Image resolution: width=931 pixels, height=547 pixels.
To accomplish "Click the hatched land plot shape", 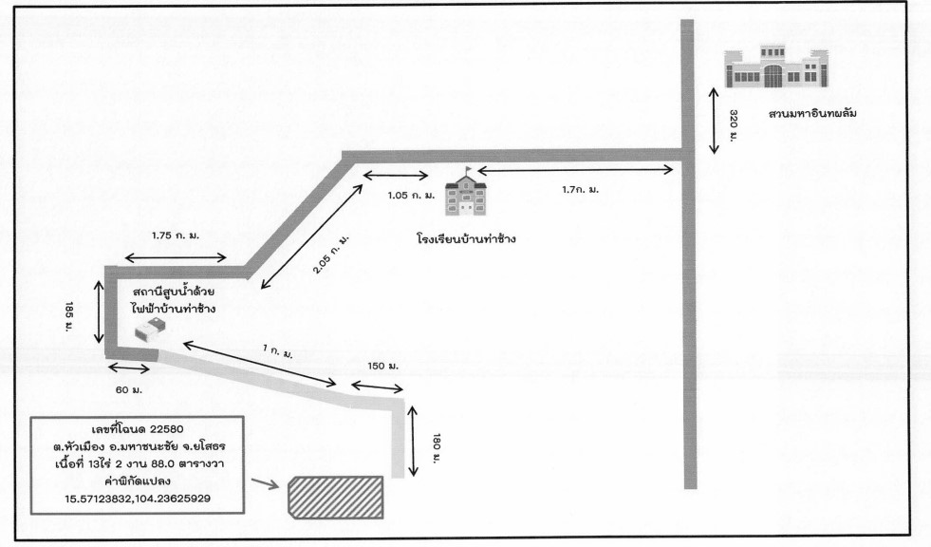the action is pyautogui.click(x=335, y=498).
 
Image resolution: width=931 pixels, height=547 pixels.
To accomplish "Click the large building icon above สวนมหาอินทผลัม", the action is pyautogui.click(x=775, y=66).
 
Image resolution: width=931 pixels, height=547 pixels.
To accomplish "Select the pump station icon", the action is pyautogui.click(x=149, y=330).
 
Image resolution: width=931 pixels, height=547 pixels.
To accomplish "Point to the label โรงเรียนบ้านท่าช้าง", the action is pyautogui.click(x=466, y=238).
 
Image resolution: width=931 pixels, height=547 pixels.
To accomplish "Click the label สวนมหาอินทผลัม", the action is pyautogui.click(x=812, y=113).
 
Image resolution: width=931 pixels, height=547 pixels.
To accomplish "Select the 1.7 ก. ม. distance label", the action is pyautogui.click(x=581, y=190).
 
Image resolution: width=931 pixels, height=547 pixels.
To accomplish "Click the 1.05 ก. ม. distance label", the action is pyautogui.click(x=411, y=196).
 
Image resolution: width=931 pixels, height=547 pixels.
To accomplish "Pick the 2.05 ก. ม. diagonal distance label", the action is pyautogui.click(x=331, y=255).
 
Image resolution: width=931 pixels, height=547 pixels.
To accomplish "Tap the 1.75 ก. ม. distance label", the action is pyautogui.click(x=176, y=236).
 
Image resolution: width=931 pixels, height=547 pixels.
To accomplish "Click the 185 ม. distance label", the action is pyautogui.click(x=69, y=316).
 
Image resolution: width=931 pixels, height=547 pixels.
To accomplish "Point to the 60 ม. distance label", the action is pyautogui.click(x=129, y=389).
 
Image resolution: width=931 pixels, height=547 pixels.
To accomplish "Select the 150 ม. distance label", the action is pyautogui.click(x=383, y=366).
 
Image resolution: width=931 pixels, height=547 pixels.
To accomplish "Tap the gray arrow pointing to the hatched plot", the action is pyautogui.click(x=265, y=483).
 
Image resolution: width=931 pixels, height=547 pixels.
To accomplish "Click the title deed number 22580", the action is pyautogui.click(x=167, y=429).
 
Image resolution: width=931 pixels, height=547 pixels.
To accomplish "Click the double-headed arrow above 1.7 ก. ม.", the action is pyautogui.click(x=575, y=171).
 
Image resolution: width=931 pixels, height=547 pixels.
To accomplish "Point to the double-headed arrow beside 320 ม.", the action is pyautogui.click(x=715, y=121).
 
